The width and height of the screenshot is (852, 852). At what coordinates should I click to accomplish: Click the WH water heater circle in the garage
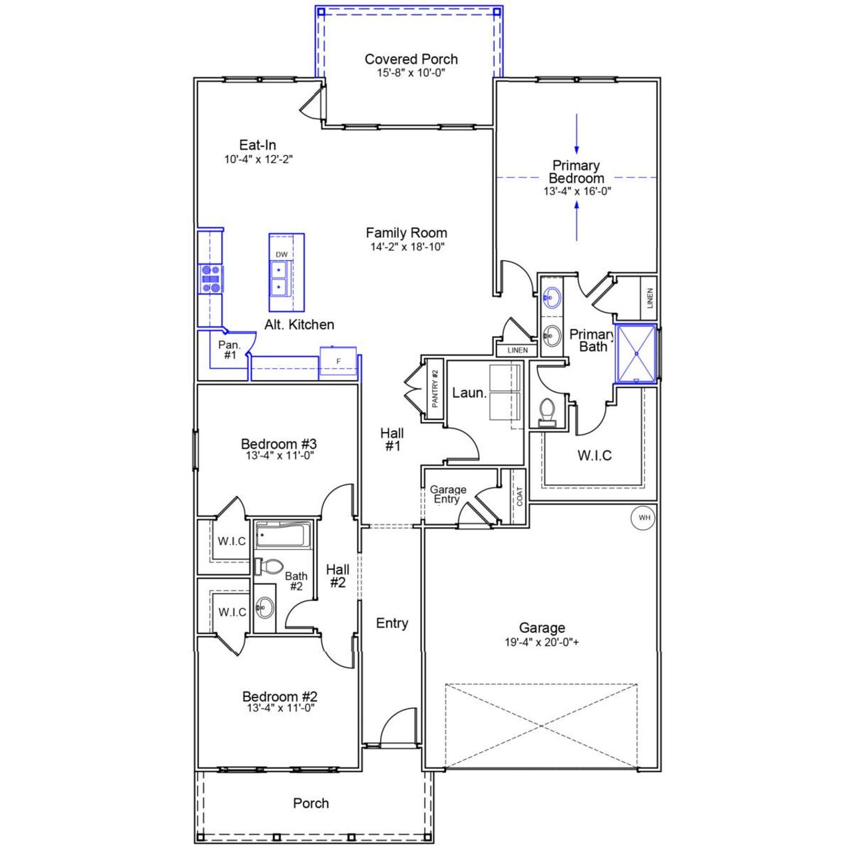pyautogui.click(x=643, y=517)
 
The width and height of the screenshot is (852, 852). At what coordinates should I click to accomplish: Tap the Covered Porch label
pyautogui.click(x=411, y=59)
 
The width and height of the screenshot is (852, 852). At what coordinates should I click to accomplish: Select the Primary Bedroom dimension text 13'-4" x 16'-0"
pyautogui.click(x=576, y=191)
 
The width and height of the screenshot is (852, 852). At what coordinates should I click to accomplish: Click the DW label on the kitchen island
pyautogui.click(x=282, y=255)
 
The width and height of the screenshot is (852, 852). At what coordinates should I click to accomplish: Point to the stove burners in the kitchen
pyautogui.click(x=211, y=279)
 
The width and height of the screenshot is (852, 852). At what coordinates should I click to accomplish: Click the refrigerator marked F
pyautogui.click(x=338, y=361)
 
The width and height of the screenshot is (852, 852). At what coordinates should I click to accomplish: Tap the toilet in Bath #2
pyautogui.click(x=268, y=567)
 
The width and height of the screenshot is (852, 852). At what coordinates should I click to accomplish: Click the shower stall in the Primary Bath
pyautogui.click(x=636, y=353)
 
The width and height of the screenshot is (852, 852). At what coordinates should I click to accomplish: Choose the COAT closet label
pyautogui.click(x=519, y=497)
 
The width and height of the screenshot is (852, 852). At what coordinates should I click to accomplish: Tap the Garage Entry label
pyautogui.click(x=448, y=495)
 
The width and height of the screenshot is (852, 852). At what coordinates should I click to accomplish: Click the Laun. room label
pyautogui.click(x=469, y=393)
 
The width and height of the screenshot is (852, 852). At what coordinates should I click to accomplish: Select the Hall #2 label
pyautogui.click(x=337, y=576)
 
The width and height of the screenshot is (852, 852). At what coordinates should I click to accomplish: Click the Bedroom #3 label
pyautogui.click(x=278, y=444)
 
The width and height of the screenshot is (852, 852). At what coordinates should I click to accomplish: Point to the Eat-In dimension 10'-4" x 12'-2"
pyautogui.click(x=258, y=160)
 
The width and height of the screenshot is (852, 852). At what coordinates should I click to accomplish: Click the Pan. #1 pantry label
pyautogui.click(x=230, y=350)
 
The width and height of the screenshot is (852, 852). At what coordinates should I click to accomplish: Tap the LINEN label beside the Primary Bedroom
pyautogui.click(x=650, y=297)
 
